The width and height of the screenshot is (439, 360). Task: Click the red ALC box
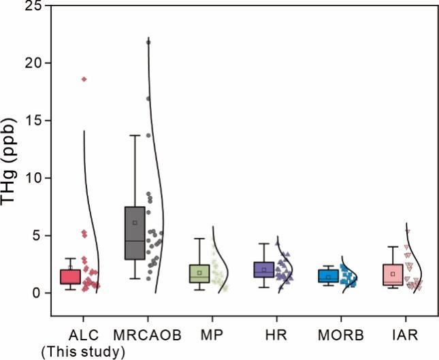(70, 276)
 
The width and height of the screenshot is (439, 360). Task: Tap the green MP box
(199, 273)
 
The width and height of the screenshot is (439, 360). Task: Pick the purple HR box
(263, 269)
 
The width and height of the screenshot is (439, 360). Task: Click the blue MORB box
(327, 276)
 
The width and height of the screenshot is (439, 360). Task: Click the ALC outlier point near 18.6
(84, 79)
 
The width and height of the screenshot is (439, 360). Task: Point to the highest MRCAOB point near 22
(149, 42)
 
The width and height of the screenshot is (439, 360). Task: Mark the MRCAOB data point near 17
(148, 99)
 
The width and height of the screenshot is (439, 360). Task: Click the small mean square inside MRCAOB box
(135, 223)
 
